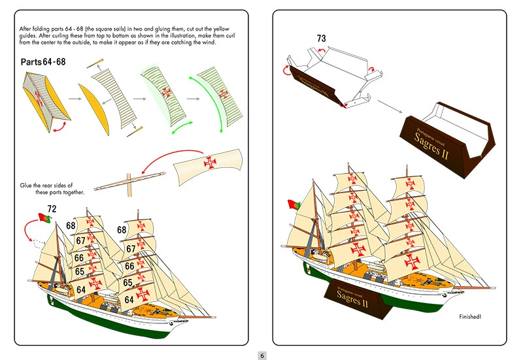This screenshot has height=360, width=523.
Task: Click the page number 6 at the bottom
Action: point(261,355)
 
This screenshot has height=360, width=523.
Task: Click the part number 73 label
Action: point(321,39)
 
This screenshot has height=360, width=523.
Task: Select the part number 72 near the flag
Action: point(52,208)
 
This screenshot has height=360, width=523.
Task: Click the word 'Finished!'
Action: point(470,317)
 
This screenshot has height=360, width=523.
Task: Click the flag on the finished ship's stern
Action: point(292,205)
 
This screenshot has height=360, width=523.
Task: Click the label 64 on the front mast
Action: point(80,289)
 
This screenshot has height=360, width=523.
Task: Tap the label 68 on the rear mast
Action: point(122,230)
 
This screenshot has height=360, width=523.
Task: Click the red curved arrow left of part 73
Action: point(288,67)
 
